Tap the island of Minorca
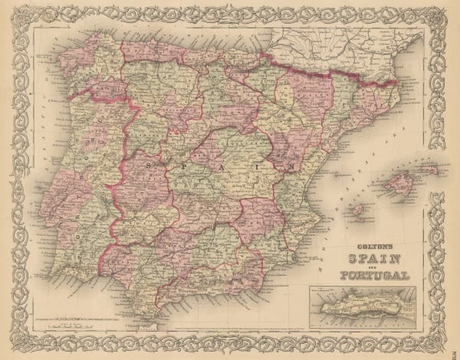[x=430, y=170]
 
